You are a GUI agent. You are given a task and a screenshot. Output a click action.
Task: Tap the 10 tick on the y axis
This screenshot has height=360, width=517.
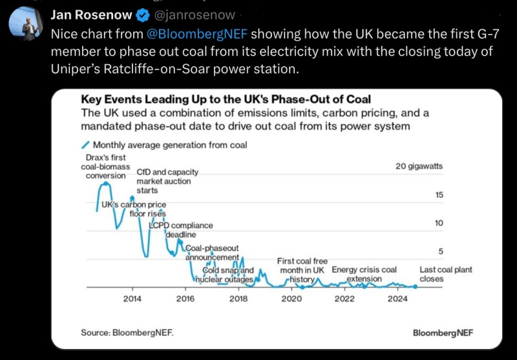coord(438,223)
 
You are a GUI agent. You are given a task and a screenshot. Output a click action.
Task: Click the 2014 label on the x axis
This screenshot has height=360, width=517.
coord(132,299)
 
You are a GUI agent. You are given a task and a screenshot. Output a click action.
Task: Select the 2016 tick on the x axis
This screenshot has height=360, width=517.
coord(185,299)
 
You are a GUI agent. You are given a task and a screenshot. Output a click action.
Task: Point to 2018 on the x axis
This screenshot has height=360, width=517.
coord(238,299)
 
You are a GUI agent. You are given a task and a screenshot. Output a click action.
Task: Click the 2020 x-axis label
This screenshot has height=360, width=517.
coord(291,299)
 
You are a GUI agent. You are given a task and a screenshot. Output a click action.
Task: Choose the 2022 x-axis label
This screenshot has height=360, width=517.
coord(344,299)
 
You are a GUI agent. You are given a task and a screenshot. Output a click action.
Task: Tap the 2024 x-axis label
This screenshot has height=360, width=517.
coord(397,299)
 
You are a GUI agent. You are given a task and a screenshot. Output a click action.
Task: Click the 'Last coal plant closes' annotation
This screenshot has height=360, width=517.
coord(445,274)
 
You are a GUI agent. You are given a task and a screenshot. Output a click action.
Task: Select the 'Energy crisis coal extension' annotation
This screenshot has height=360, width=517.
coord(364,274)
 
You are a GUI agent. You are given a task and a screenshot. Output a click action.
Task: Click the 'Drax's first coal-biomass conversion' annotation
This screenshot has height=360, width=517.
coord(106,166)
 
